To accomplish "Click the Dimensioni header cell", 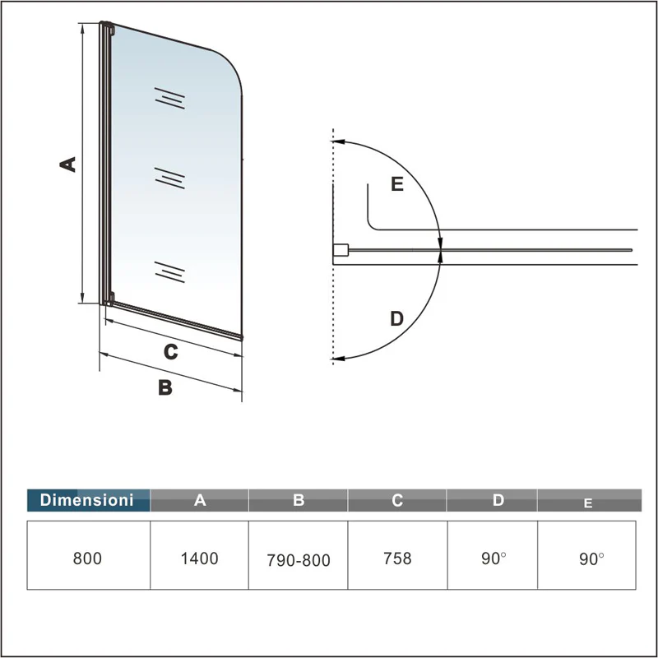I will pos(87,499).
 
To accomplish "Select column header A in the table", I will pos(200,499).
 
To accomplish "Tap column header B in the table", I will pos(299,499).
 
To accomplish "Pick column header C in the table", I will pos(397,499).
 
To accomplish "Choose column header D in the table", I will pos(497,499).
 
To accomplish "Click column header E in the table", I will pos(588,502).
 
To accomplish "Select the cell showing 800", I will pos(87,558).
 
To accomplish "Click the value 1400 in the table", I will pos(199,558).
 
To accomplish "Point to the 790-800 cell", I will pos(299,560).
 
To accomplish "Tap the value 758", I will pos(397,558).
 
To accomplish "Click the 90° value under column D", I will pos(494,558).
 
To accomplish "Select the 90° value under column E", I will pos(591,558).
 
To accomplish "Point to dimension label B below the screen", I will pos(165,387).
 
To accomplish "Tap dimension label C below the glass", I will pos(170,352).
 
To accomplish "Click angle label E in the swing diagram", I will pos(397,184).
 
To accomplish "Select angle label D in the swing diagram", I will pos(397,318).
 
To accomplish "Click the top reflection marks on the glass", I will pos(169,98).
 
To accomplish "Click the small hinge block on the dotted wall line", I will pos(339,249).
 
